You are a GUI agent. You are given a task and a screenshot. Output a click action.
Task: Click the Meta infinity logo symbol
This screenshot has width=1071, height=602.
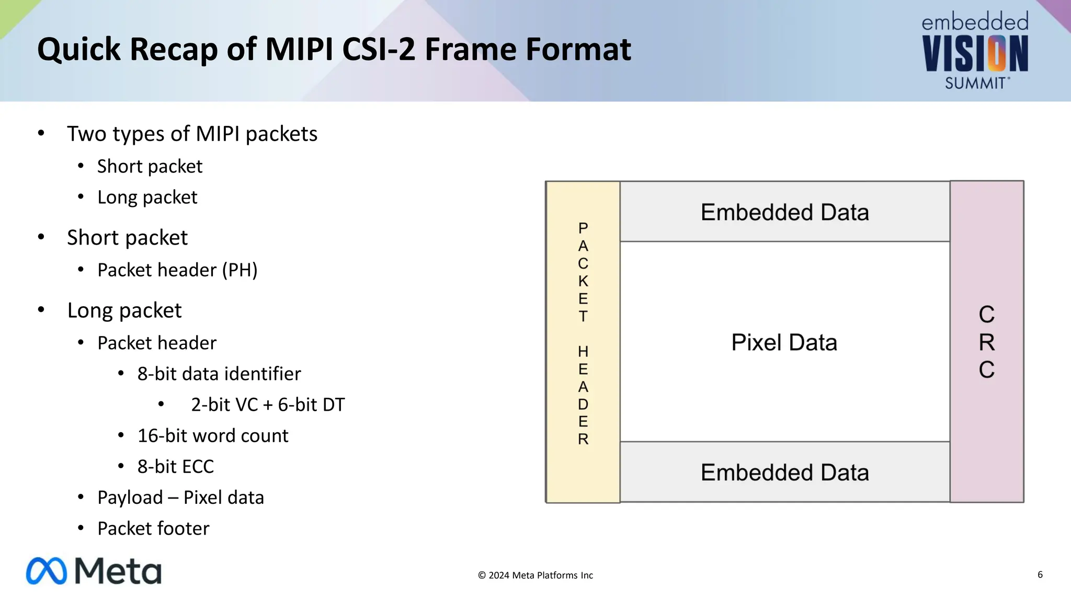[47, 571]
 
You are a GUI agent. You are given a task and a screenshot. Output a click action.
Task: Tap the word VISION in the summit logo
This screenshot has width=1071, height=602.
[975, 54]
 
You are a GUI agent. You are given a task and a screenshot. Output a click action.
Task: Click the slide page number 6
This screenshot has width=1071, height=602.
[1040, 574]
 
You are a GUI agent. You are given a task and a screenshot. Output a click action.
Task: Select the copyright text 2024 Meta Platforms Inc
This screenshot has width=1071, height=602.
[535, 575]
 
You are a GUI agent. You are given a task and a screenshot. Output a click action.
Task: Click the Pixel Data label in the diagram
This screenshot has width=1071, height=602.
[784, 342]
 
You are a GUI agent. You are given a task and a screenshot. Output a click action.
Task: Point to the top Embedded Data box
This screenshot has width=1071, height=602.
[784, 212]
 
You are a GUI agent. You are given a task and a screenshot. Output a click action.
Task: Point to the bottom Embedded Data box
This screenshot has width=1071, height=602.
[784, 472]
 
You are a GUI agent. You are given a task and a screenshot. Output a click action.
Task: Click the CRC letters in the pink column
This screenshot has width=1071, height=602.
[986, 342]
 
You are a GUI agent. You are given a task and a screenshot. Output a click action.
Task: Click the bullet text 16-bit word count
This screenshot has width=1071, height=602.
[212, 435]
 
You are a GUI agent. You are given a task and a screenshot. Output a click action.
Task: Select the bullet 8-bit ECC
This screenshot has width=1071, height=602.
[175, 466]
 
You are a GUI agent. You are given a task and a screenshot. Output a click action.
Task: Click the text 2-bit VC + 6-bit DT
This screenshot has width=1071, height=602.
[268, 404]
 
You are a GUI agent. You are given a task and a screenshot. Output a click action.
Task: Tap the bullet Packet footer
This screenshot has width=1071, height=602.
[153, 528]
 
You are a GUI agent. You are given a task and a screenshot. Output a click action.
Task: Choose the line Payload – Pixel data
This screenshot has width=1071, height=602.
[180, 497]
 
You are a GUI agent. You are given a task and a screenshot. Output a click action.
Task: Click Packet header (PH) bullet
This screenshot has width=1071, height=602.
[177, 270]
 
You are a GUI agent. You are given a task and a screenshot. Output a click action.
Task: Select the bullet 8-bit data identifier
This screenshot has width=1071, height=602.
[219, 374]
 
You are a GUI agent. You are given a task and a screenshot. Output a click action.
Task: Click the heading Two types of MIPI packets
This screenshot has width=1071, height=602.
[192, 134]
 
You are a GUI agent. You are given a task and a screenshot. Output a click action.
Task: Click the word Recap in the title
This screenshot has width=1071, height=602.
[173, 49]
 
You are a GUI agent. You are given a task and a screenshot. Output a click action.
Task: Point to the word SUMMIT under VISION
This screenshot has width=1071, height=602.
[975, 83]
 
